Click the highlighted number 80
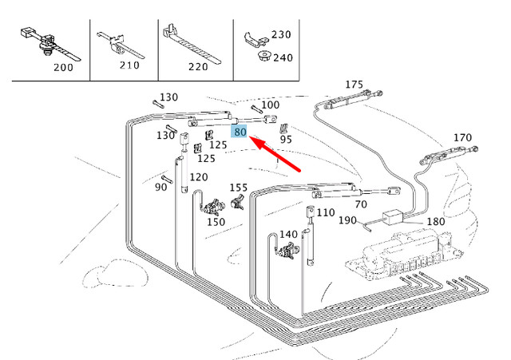tap(241, 133)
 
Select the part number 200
tap(61, 68)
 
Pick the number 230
tap(281, 34)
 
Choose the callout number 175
tap(354, 85)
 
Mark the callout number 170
tap(462, 137)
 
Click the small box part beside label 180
tap(394, 218)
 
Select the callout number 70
tap(360, 204)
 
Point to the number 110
tap(326, 213)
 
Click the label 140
tap(288, 234)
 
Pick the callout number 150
tap(216, 222)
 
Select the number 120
tap(198, 176)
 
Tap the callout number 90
tap(161, 187)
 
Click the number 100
tap(271, 105)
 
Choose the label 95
tap(285, 139)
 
